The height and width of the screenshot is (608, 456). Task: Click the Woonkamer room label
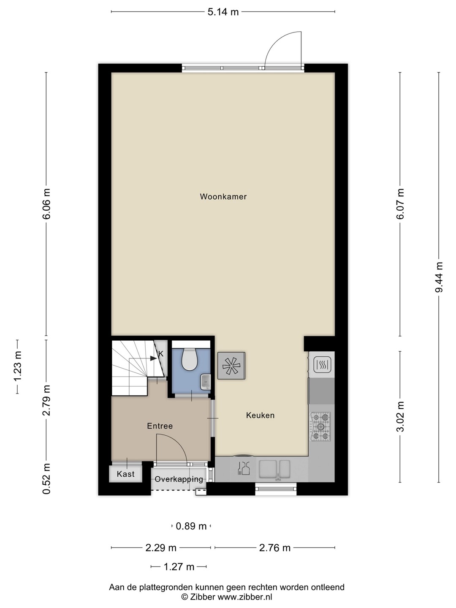click(x=223, y=197)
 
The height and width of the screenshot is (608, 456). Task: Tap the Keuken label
click(x=260, y=415)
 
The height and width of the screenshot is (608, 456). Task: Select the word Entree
click(x=160, y=426)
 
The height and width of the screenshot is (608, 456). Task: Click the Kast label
click(x=126, y=474)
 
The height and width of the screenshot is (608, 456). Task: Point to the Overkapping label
click(x=179, y=479)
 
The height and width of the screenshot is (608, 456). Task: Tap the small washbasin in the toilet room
click(x=206, y=382)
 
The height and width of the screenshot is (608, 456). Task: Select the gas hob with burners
click(x=320, y=427)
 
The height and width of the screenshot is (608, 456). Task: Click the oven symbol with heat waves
click(x=322, y=364)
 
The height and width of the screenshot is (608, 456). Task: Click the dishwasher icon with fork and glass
click(x=244, y=469)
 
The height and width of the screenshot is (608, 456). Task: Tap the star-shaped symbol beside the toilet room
click(x=231, y=366)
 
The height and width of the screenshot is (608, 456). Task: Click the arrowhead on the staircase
click(x=153, y=358)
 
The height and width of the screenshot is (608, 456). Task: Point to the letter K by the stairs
click(x=161, y=354)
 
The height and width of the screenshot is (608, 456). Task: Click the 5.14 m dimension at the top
click(x=223, y=12)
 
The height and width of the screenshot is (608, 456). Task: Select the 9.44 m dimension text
click(x=439, y=277)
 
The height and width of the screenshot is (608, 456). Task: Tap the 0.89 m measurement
click(x=191, y=526)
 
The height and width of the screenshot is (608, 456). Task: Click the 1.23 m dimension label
click(x=18, y=366)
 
